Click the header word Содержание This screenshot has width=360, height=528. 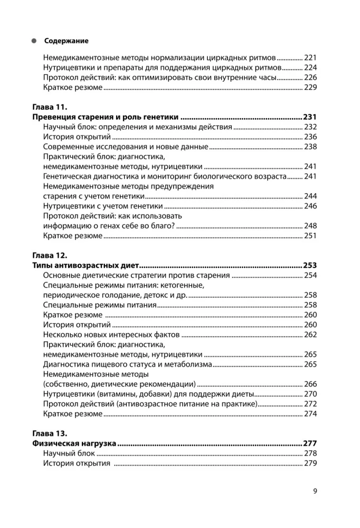[66, 41]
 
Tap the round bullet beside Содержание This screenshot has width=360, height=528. [34, 41]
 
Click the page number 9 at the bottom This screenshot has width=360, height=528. [315, 492]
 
